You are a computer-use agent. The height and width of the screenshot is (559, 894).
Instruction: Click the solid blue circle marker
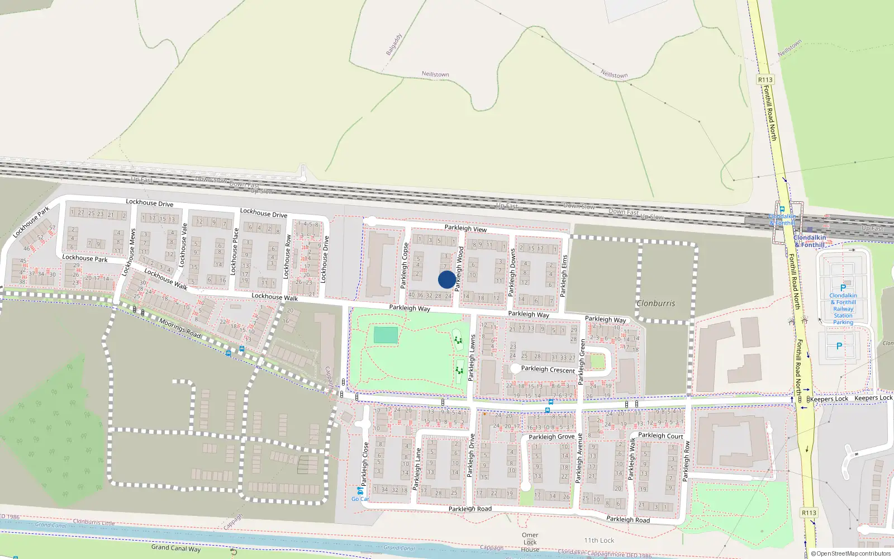[x=446, y=279]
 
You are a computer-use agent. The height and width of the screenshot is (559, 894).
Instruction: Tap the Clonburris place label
[x=656, y=304]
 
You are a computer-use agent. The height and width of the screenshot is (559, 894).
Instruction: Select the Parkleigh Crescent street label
[x=548, y=369]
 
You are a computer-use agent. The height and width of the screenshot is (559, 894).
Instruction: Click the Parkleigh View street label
[x=465, y=228]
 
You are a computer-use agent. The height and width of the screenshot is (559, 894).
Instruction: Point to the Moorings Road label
[x=180, y=328]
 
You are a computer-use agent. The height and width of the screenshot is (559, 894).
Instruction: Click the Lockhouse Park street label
[x=85, y=258]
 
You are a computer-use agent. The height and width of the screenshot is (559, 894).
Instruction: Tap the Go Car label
[x=360, y=499]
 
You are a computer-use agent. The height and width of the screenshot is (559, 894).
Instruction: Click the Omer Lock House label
[x=530, y=542]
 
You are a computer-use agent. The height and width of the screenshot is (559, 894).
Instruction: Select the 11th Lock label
[x=599, y=541]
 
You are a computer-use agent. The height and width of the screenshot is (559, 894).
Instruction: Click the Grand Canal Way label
[x=175, y=548]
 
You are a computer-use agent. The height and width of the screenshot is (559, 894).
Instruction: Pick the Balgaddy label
[x=394, y=45]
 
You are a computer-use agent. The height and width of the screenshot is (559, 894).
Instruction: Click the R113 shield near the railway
[x=765, y=80]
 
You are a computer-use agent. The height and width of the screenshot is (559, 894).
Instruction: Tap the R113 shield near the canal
[x=809, y=513]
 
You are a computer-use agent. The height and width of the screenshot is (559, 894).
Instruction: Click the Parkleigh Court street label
[x=660, y=435]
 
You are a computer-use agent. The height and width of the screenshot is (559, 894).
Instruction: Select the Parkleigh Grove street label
[x=551, y=437]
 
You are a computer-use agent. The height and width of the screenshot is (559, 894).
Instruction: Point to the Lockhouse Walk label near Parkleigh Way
[x=274, y=297]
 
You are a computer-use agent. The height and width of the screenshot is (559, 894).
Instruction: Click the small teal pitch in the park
[x=386, y=335]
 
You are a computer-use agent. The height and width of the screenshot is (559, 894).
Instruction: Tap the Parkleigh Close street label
[x=365, y=463]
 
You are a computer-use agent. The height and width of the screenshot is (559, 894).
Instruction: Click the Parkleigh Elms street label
[x=564, y=275]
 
